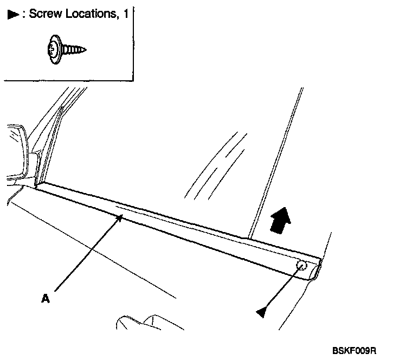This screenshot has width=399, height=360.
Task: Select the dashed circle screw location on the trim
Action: tap(303, 266)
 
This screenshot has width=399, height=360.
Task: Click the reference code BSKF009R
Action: tap(355, 351)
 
